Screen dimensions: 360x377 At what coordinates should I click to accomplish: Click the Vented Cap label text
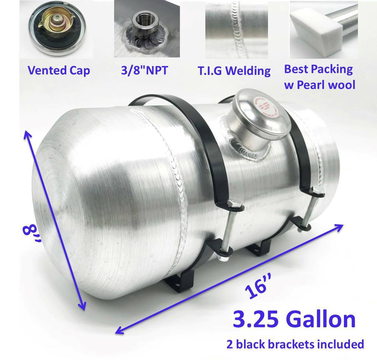[x=59, y=70]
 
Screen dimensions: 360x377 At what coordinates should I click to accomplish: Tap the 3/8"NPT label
[x=144, y=70]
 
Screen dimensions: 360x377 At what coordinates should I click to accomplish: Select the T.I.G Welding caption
[x=234, y=70]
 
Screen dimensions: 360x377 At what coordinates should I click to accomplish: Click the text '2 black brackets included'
[x=295, y=344]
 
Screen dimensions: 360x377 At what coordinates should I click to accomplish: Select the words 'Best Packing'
[x=318, y=69]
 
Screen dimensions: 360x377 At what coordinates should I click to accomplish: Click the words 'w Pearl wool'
[x=319, y=85]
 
